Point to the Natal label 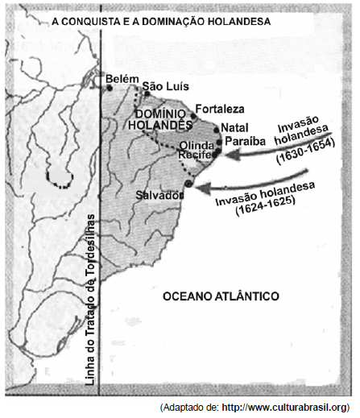pos(234,127)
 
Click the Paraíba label pos(245,141)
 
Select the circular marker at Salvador pos(188,184)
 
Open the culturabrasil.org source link pos(286,408)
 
